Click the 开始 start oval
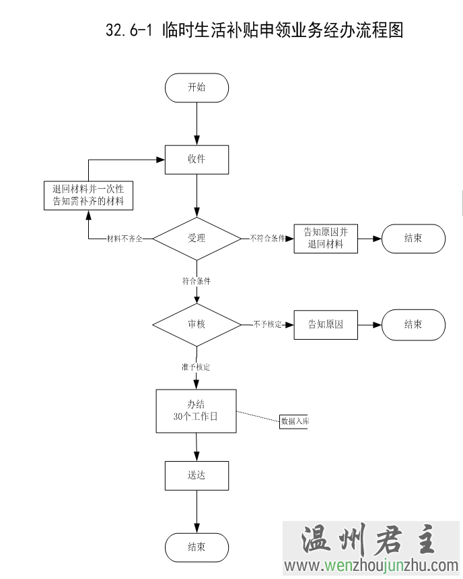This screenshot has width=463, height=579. tap(197, 88)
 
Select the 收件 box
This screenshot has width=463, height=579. tap(197, 160)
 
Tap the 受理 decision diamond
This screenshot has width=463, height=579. tap(197, 239)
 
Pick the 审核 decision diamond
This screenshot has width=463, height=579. tap(197, 324)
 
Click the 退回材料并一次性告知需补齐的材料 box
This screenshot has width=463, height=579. tap(88, 195)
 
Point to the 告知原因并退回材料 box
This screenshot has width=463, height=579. tap(326, 239)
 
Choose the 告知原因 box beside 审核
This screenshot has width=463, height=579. tap(326, 324)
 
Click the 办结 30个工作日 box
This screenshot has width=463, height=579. tap(196, 410)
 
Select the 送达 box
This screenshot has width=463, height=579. tap(197, 475)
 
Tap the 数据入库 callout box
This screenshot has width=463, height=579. tap(294, 421)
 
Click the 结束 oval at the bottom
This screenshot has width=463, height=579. tap(197, 547)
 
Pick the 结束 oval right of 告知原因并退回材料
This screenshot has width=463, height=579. tap(413, 239)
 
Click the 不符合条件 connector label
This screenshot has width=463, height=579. tap(267, 239)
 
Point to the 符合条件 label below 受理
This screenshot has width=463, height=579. tap(197, 281)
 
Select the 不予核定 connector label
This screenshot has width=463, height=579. tap(267, 324)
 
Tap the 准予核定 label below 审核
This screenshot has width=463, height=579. tap(196, 367)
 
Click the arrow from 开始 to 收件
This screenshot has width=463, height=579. tap(197, 124)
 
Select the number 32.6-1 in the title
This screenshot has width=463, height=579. tap(130, 30)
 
